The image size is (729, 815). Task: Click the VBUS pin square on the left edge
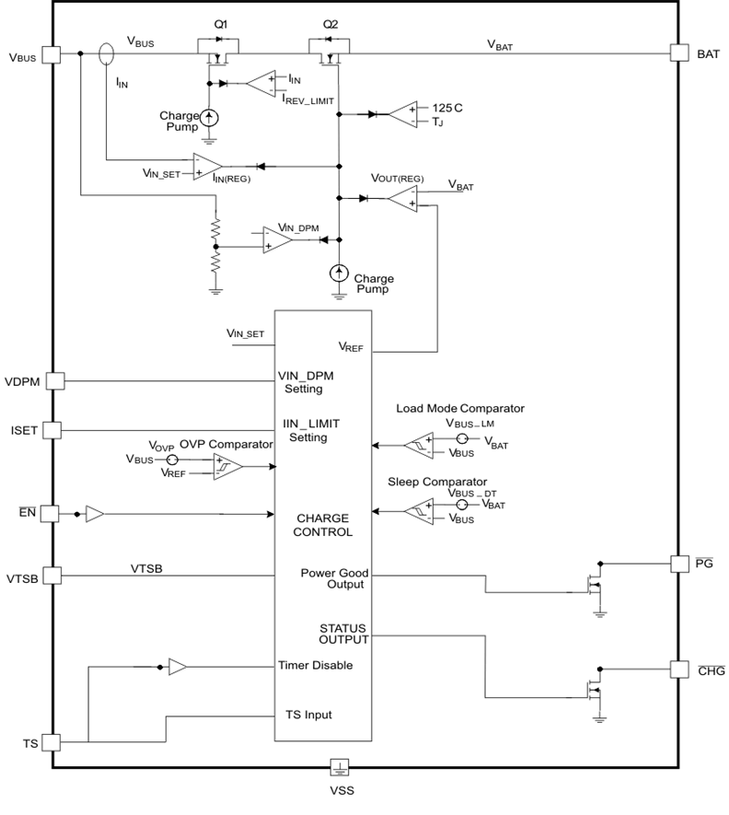pos(51,54)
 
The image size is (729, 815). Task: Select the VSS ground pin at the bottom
pos(340,767)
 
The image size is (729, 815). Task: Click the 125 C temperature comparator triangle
pos(402,114)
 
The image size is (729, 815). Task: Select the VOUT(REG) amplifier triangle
pos(401,197)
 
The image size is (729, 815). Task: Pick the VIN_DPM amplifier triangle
pos(277,239)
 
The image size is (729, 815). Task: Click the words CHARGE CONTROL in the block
pos(323,525)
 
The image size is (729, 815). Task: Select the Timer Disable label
pos(315,665)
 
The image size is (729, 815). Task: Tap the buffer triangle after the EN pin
pos(96,513)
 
